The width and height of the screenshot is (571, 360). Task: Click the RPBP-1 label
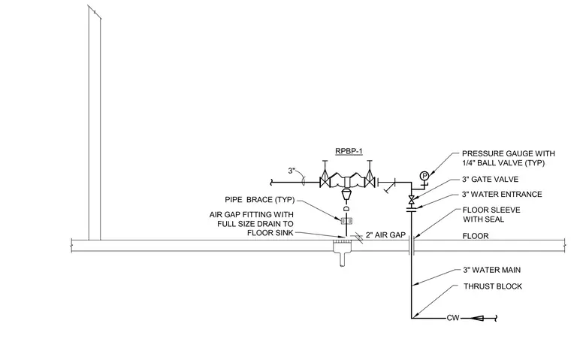[x=349, y=151]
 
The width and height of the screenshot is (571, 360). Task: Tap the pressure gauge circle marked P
[x=424, y=176]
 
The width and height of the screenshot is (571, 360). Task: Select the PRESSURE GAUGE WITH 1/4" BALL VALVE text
[x=509, y=158]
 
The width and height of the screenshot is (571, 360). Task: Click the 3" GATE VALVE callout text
[x=490, y=180]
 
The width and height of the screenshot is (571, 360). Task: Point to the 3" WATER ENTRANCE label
[x=502, y=194]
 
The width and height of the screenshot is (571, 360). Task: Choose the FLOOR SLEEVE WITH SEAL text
[x=491, y=215]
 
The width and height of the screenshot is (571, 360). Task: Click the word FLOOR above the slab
[x=476, y=236]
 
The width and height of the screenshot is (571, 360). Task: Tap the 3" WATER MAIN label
[x=491, y=270]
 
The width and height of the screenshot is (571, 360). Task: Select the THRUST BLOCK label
[x=493, y=286]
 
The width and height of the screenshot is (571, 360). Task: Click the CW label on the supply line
[x=453, y=318]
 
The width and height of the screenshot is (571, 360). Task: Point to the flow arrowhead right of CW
[x=478, y=318]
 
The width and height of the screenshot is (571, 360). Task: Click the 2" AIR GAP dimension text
[x=385, y=235]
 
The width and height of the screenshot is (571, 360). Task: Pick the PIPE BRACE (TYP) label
[x=260, y=200]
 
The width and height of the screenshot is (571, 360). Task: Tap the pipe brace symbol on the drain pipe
[x=346, y=221]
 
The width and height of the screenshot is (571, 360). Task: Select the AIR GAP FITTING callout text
[x=251, y=224]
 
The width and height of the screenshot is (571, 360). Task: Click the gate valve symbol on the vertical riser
[x=412, y=200]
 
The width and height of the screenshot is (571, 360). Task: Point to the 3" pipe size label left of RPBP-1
[x=292, y=171]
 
